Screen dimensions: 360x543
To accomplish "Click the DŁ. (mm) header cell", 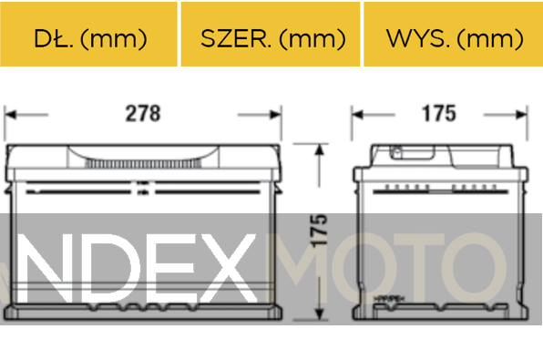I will point(89,38).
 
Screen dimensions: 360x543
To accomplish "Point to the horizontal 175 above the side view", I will point(438,114).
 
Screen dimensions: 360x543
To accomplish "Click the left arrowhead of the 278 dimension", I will point(12,115).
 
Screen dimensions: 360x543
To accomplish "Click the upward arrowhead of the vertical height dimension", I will point(319,151).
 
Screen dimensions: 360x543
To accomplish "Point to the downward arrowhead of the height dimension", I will point(319,314).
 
